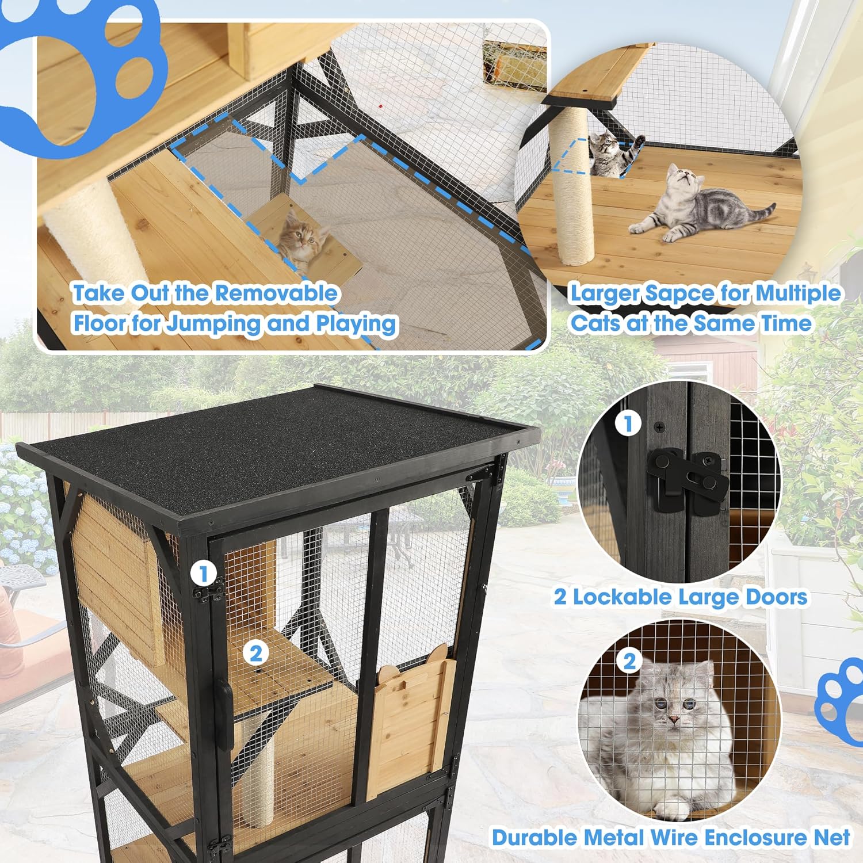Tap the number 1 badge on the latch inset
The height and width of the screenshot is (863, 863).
click(628, 424)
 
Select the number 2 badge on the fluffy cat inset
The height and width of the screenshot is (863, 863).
click(629, 661)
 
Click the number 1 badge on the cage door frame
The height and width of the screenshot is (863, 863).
click(203, 574)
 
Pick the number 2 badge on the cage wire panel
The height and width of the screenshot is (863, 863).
click(255, 653)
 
